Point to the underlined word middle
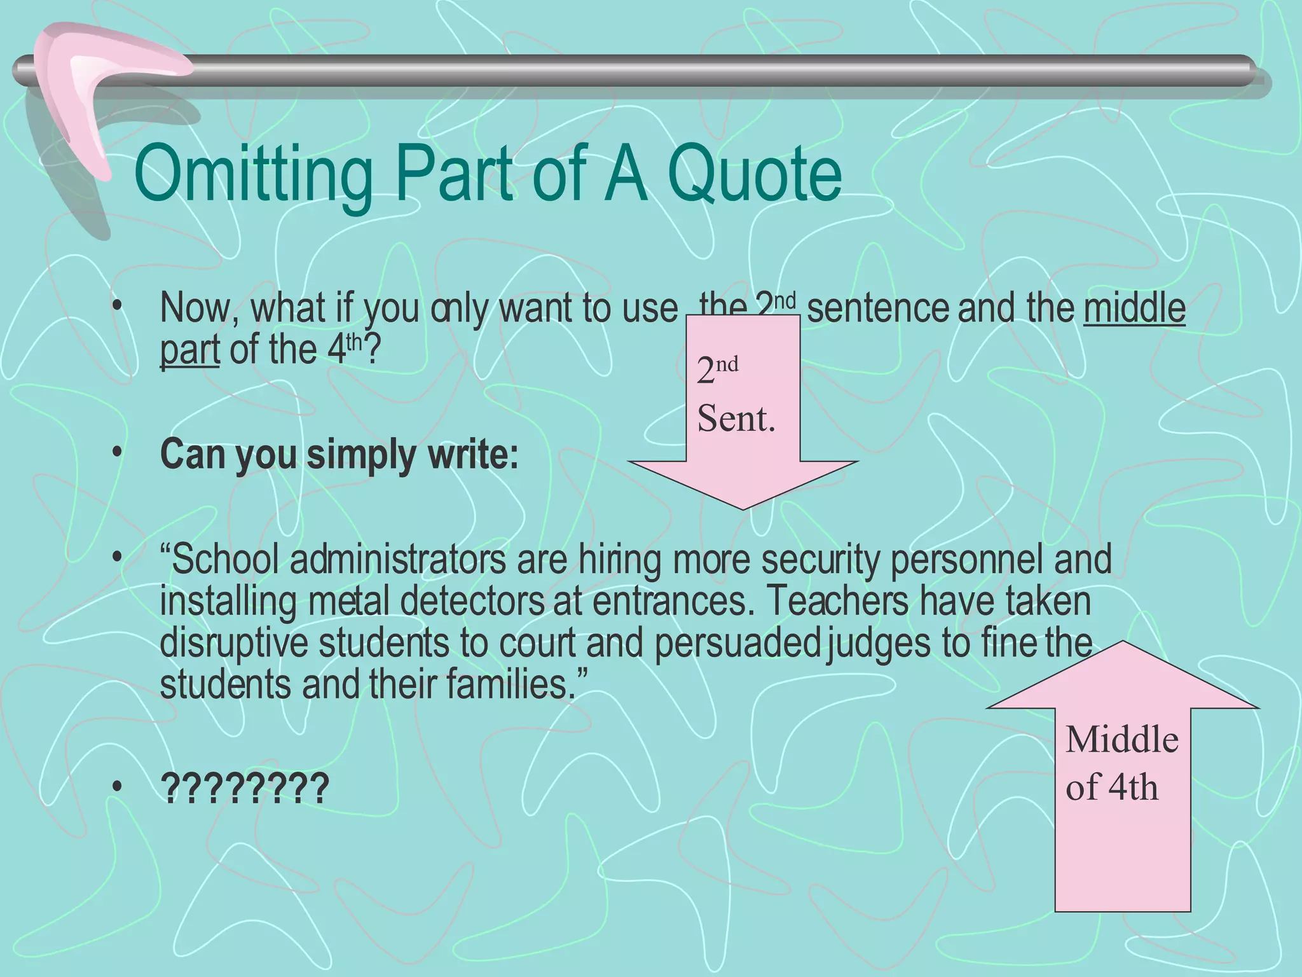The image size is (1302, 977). coord(1134,309)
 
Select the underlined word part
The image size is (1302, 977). coord(189,350)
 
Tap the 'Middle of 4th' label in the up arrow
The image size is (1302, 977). coord(1121,763)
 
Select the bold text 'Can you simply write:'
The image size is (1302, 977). coord(339,455)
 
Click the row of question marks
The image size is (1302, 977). coord(245,789)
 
